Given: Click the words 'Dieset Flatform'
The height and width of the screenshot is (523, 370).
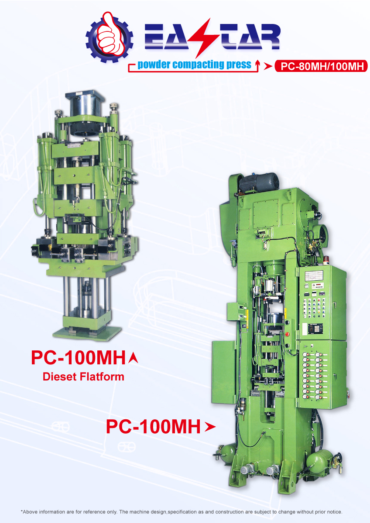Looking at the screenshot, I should click(x=83, y=376).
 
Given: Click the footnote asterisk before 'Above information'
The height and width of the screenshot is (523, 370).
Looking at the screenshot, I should click(x=22, y=512).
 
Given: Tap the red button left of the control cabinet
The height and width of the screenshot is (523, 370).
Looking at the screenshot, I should click(x=287, y=334).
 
